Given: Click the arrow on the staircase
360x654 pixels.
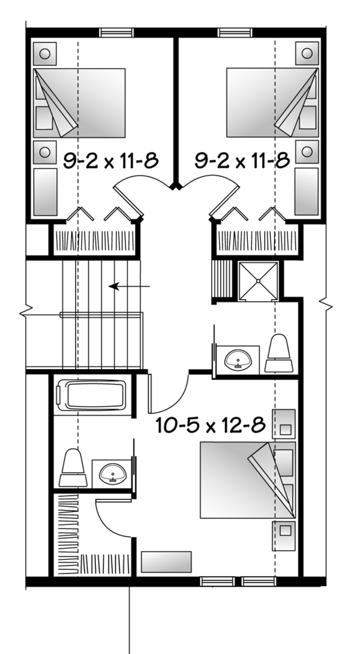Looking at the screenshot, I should [129, 287].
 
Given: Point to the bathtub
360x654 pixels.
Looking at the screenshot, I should [91, 397].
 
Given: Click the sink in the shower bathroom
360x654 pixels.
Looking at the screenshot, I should [239, 360].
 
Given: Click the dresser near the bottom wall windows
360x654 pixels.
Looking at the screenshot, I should [166, 562].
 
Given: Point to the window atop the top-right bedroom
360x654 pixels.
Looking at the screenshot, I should [235, 32].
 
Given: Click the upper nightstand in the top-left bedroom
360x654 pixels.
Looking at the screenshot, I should [44, 53].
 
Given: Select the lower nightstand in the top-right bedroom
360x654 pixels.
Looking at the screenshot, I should [307, 152].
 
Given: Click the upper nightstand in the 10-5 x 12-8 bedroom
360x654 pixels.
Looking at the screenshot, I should [284, 422].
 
